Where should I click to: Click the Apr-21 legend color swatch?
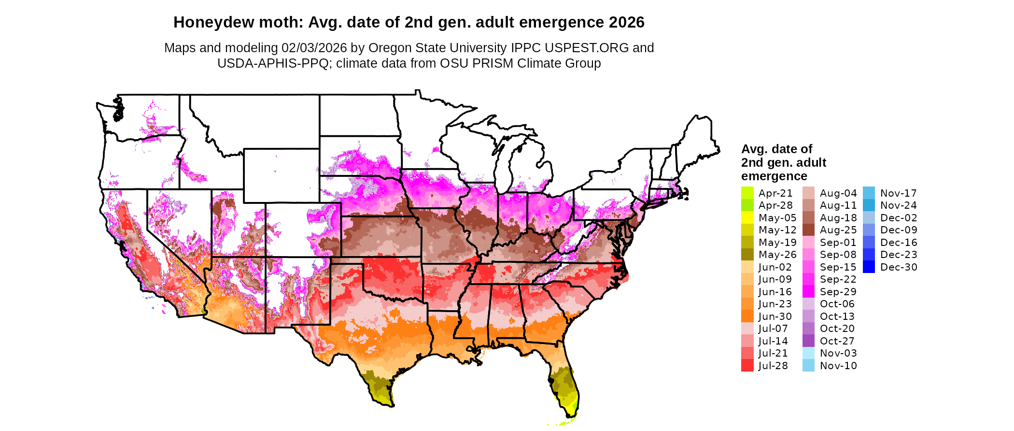(x=747, y=193)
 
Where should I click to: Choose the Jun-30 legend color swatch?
(x=747, y=316)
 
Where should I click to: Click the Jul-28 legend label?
(x=773, y=366)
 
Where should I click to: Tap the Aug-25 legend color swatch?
(x=808, y=230)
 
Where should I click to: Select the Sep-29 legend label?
(x=838, y=292)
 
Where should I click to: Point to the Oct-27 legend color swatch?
(x=808, y=341)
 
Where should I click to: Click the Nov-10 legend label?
(x=838, y=366)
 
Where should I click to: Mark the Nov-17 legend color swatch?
(x=869, y=193)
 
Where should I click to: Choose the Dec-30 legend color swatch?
(x=869, y=267)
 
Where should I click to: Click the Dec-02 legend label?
(x=899, y=218)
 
